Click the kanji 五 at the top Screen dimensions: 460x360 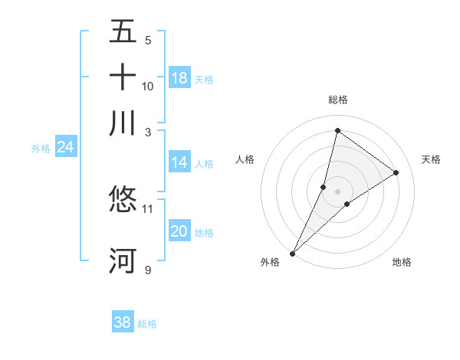[123, 33]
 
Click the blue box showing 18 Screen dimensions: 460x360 [179, 77]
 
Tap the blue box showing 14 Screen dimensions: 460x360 [179, 162]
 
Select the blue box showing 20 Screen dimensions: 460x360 [179, 232]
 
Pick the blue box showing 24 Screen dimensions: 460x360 [65, 148]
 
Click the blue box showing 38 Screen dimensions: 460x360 [123, 322]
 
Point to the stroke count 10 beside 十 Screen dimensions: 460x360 [148, 86]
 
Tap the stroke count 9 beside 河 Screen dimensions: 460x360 [148, 270]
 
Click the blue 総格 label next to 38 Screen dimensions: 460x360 [147, 324]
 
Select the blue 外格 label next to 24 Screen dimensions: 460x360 [41, 149]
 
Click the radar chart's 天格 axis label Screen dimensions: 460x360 [432, 159]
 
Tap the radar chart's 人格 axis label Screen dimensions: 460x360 [245, 159]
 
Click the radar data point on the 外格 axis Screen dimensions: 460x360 [292, 253]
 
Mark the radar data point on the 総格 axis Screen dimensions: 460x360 [337, 130]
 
